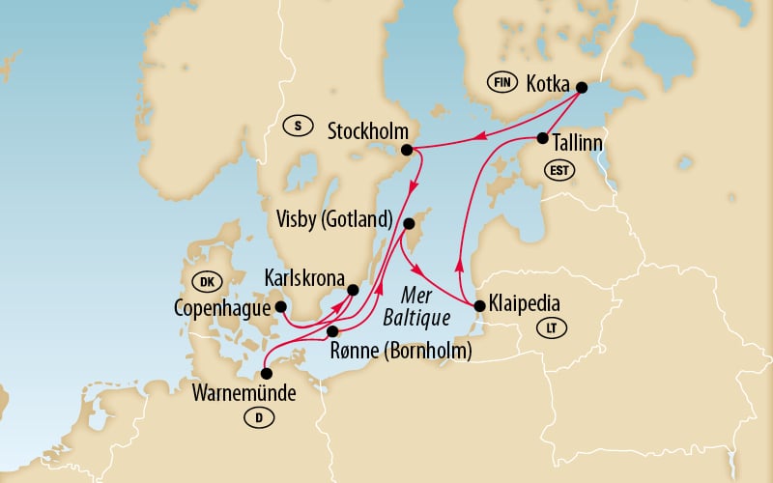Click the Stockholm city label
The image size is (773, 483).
point(367,129)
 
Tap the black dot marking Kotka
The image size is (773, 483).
point(582,88)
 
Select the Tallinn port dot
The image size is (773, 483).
point(542,138)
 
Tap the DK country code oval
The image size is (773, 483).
point(206,282)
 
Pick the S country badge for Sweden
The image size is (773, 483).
point(299,125)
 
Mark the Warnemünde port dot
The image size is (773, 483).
point(268,373)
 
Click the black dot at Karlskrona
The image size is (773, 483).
point(353,289)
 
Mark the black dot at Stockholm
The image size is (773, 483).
point(407,150)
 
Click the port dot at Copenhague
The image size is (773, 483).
point(281,307)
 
